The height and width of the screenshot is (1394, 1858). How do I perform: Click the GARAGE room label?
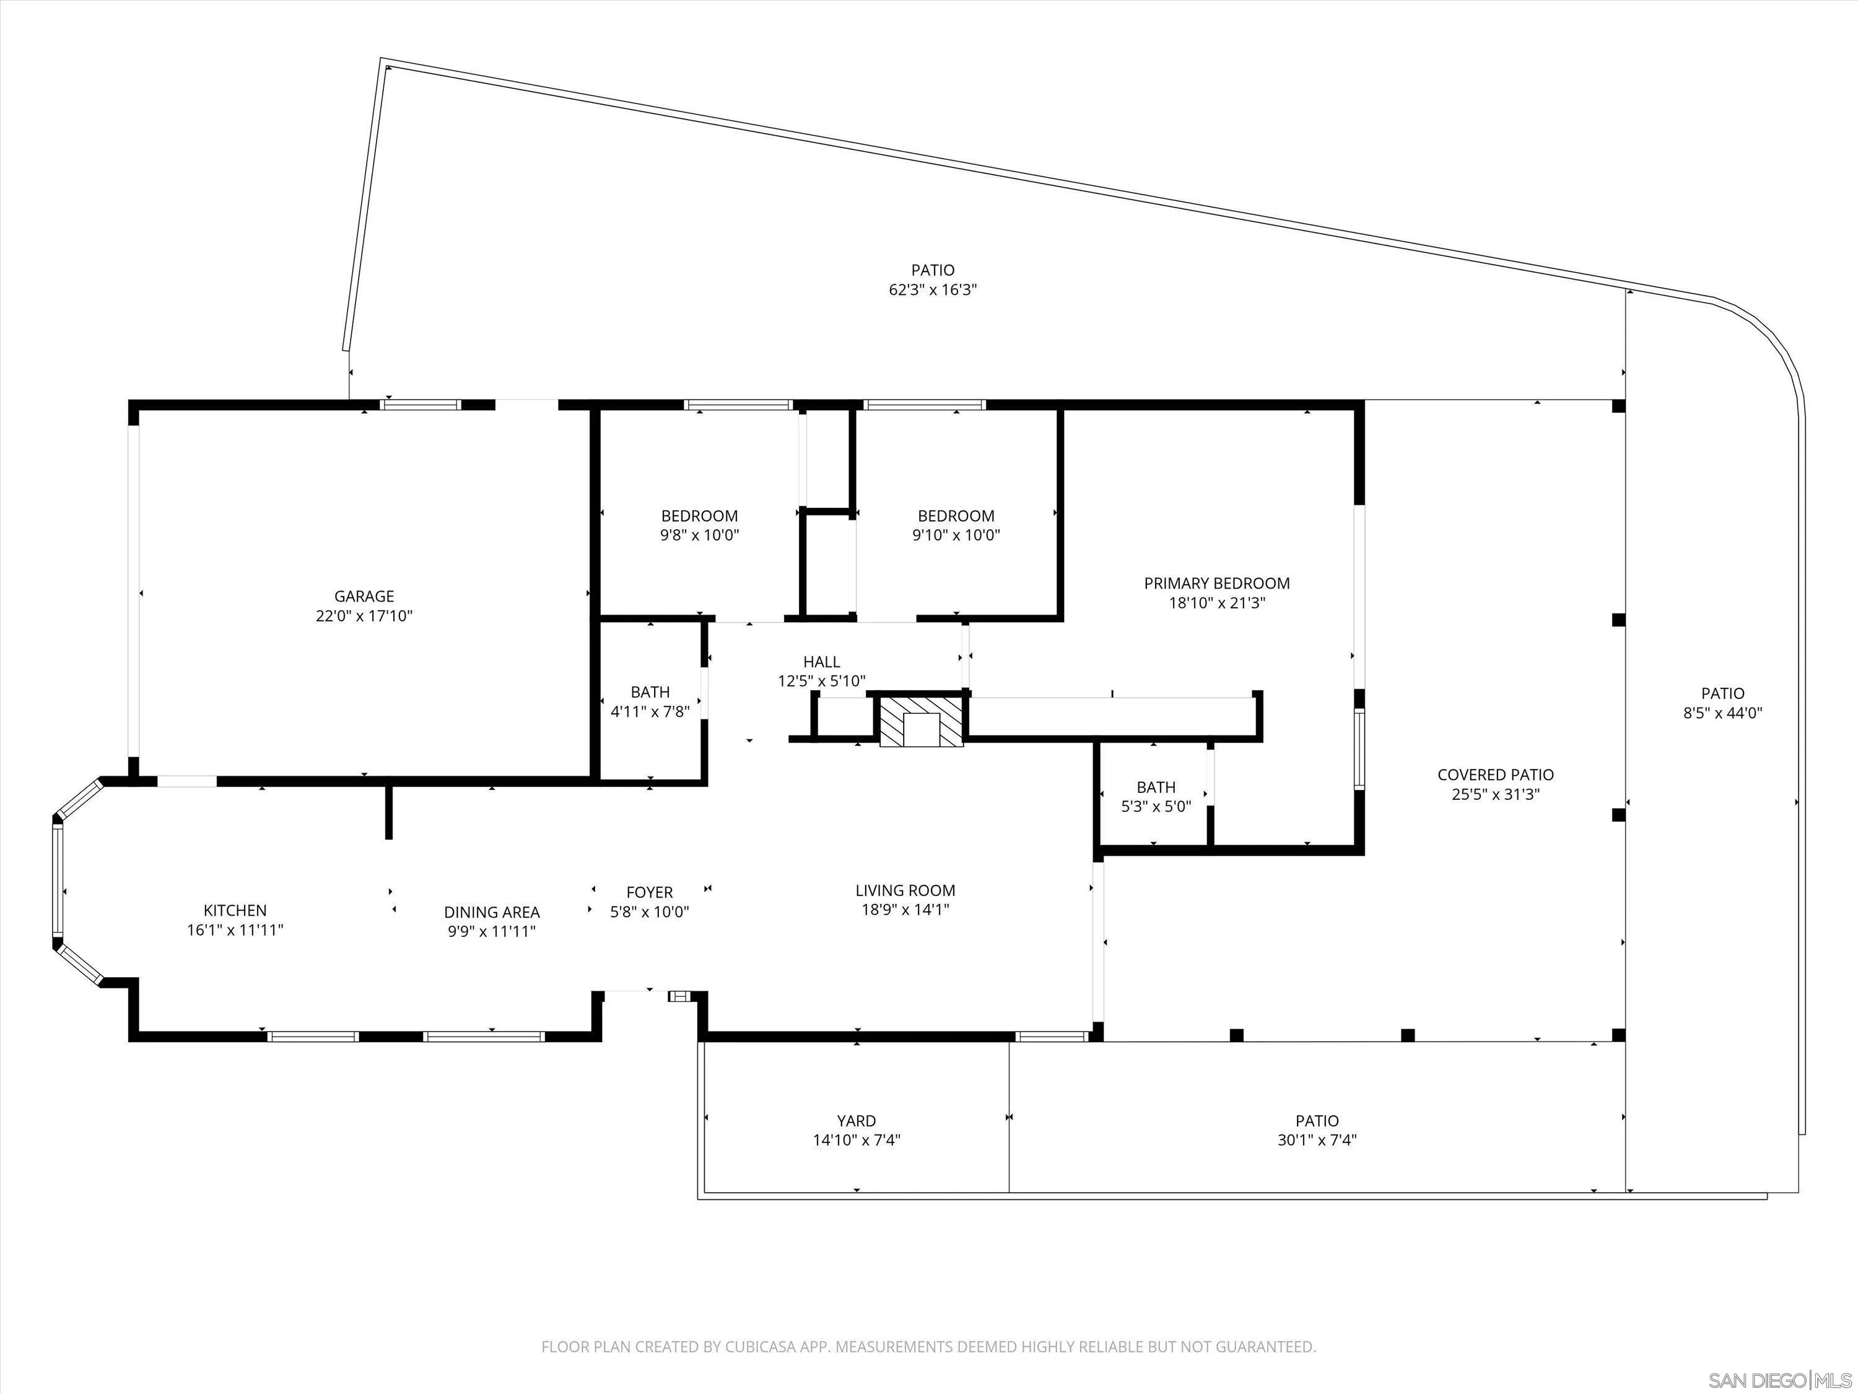[x=364, y=597]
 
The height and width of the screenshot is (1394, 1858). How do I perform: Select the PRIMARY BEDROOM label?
[x=1216, y=583]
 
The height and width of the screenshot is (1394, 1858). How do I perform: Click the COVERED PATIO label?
[x=1495, y=774]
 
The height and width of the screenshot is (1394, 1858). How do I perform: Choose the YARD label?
[x=856, y=1121]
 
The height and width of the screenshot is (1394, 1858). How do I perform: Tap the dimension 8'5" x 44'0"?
[x=1723, y=713]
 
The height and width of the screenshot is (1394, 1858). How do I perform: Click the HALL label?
[x=821, y=662]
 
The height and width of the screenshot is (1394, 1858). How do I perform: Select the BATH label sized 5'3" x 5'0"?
[x=1156, y=787]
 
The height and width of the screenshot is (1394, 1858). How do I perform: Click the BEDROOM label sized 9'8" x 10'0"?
[x=699, y=516]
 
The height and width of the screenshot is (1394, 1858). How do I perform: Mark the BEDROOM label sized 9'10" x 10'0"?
[x=956, y=516]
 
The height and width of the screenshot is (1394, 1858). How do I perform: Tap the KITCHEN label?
[x=235, y=910]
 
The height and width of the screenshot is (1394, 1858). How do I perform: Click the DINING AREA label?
[x=491, y=912]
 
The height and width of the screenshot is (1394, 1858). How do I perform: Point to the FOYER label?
[x=649, y=892]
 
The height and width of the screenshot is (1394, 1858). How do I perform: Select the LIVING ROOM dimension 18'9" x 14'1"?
[x=905, y=909]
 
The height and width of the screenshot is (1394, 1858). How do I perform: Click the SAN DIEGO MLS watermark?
[x=1780, y=1380]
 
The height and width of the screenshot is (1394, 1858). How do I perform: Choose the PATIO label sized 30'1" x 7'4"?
[x=1316, y=1121]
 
